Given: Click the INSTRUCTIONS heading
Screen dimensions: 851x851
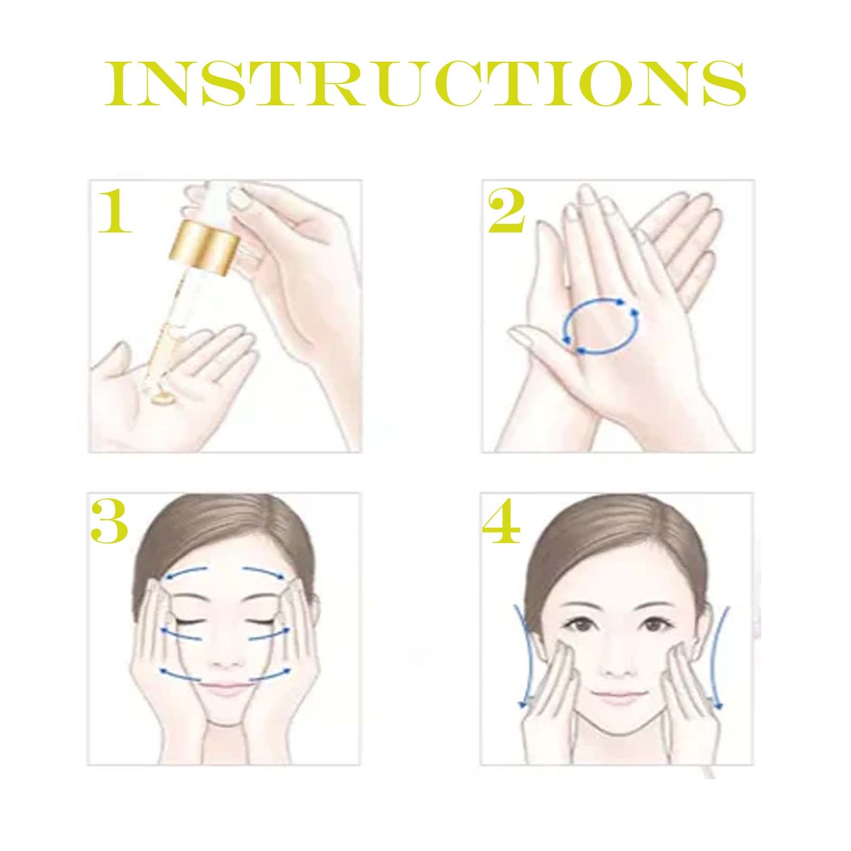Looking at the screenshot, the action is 425,84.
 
